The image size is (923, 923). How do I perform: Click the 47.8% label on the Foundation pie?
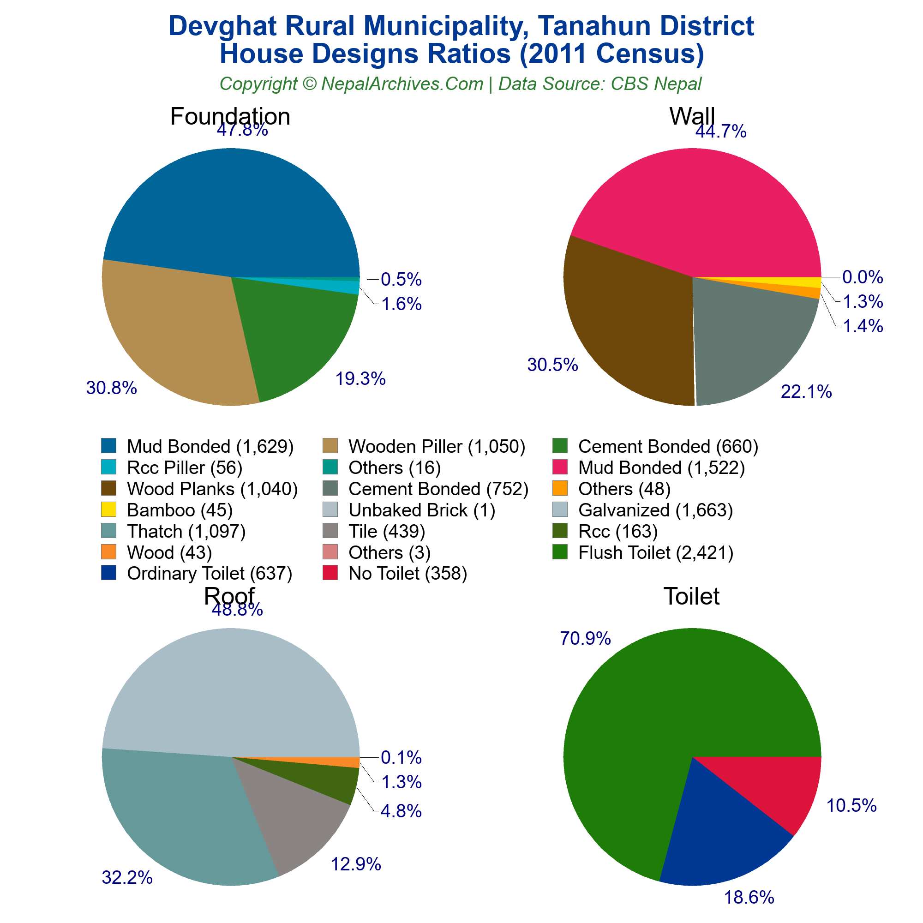pos(242,130)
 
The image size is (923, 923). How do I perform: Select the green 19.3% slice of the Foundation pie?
pos(291,335)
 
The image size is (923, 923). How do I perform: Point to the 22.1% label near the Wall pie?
pos(806,392)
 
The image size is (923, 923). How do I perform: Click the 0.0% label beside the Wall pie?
pos(863,277)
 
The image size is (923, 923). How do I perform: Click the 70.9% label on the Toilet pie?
pos(585,638)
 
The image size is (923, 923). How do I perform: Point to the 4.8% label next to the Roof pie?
pos(402,811)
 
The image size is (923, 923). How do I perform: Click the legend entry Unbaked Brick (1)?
pos(422,510)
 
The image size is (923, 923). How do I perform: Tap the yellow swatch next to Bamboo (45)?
pos(108,510)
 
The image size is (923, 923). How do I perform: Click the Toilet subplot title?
pos(691,596)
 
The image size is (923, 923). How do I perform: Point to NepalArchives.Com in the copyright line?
pos(402,84)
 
